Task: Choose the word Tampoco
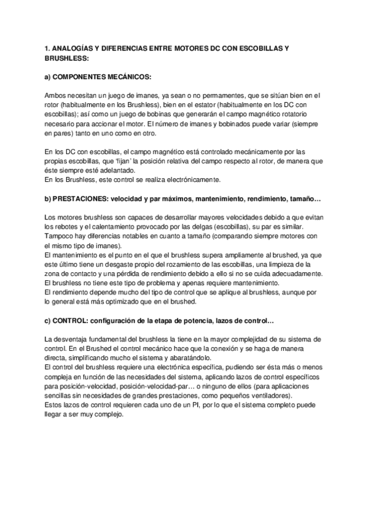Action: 60,236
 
